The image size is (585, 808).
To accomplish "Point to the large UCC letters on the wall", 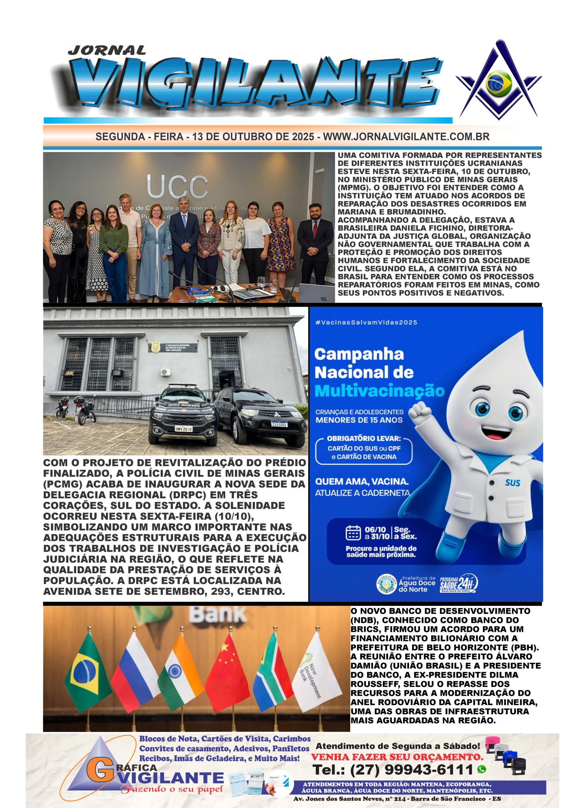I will tap(177, 187).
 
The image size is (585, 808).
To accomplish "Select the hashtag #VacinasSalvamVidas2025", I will tap(366, 323).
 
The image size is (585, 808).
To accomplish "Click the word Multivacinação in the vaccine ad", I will tap(380, 391).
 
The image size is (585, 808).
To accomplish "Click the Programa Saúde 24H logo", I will tap(458, 584).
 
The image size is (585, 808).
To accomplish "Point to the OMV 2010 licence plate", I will tap(183, 429).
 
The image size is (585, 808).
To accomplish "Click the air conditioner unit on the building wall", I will tap(165, 372).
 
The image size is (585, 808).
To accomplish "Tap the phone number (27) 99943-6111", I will tap(393, 770).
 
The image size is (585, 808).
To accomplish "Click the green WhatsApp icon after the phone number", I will tap(482, 769).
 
